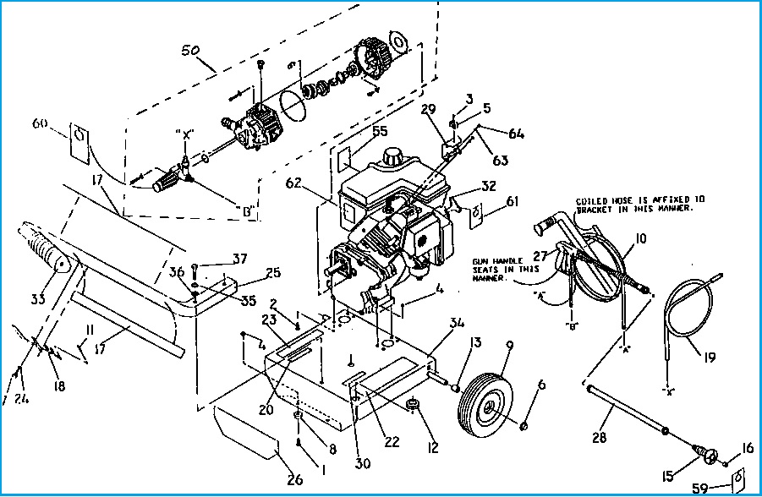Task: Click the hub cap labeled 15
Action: [x=704, y=454]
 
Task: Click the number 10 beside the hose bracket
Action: [x=639, y=240]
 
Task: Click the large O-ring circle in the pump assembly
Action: [x=292, y=109]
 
